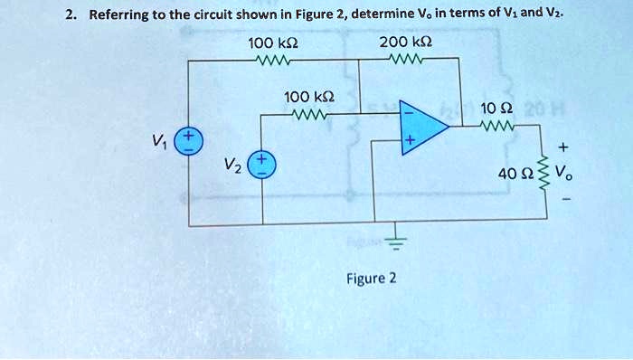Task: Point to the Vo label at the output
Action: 566,174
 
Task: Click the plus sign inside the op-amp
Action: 410,142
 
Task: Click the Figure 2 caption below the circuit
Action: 372,278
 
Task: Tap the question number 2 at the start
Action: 70,14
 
